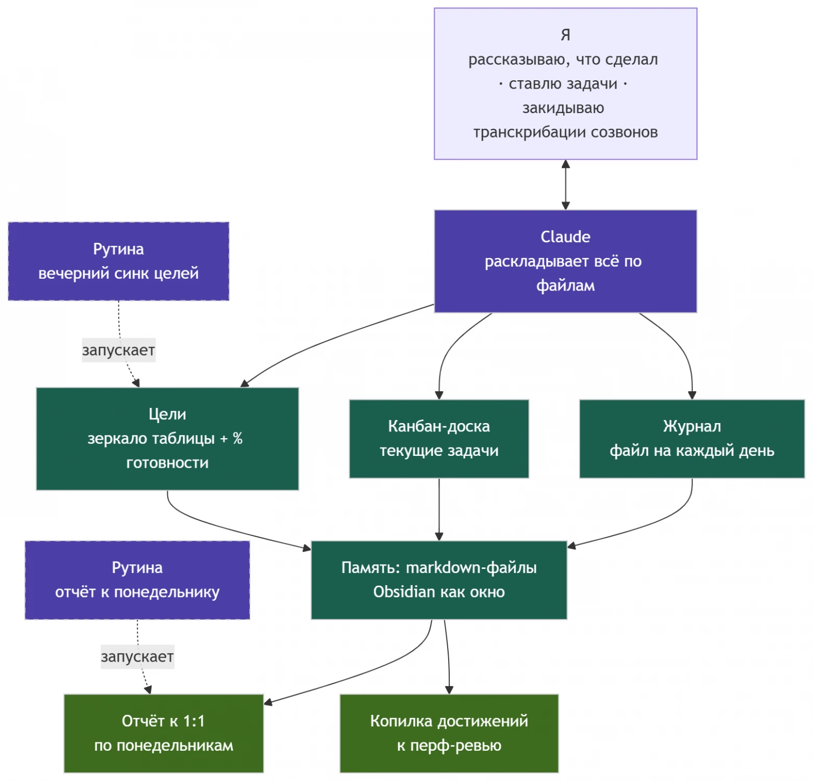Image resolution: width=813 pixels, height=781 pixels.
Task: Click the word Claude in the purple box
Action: [565, 237]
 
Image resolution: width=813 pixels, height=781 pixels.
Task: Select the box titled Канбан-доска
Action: [439, 439]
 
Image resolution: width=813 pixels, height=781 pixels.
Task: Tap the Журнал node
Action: [692, 439]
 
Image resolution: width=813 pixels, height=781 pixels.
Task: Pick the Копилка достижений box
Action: [449, 733]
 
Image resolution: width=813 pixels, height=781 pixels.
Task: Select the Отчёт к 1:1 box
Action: [164, 733]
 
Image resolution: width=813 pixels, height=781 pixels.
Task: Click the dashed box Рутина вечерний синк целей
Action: [118, 261]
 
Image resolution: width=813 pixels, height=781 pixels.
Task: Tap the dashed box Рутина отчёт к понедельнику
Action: [137, 580]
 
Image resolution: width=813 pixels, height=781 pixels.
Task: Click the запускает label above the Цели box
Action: [118, 350]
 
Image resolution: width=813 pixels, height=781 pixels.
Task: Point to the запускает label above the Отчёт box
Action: [137, 656]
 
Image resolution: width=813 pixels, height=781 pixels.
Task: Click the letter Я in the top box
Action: [565, 35]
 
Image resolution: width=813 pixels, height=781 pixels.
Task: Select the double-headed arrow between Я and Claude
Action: [565, 185]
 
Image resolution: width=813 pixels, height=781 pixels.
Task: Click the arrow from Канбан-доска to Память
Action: [439, 510]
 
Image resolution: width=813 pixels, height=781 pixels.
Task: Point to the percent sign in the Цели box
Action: [238, 439]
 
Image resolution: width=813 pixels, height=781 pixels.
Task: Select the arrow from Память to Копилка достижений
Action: [448, 656]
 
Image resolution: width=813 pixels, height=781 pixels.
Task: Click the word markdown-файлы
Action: [471, 567]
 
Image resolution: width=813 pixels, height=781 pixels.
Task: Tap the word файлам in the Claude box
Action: [565, 286]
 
